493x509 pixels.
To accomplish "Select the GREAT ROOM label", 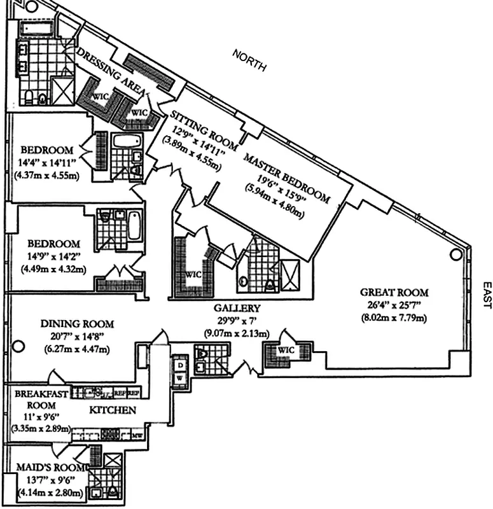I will (x=394, y=293).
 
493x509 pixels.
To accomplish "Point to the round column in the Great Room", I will (x=455, y=254).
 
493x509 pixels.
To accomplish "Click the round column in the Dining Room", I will (x=18, y=347).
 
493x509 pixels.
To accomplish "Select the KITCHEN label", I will (x=111, y=410).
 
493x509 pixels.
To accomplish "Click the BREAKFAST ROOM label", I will (x=41, y=400).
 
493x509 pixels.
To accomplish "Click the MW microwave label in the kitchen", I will (x=136, y=436).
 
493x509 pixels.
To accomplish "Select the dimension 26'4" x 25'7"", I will (x=394, y=305).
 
